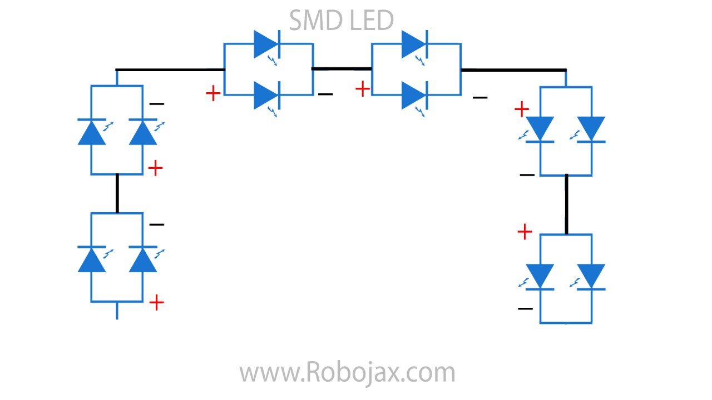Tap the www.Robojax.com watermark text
347,372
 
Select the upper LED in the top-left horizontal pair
266,44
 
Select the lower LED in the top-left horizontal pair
266,96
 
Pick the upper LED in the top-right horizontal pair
414,44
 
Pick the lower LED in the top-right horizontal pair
414,96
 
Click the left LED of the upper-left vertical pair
92,132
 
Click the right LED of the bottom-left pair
143,259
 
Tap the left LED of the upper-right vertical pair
540,129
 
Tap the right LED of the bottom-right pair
591,277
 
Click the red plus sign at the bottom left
157,303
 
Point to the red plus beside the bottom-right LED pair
525,232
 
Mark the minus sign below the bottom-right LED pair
525,309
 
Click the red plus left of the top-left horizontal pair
213,93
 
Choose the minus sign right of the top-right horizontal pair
480,98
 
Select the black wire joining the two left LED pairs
117,193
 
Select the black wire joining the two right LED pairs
566,204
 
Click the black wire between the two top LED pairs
342,68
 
